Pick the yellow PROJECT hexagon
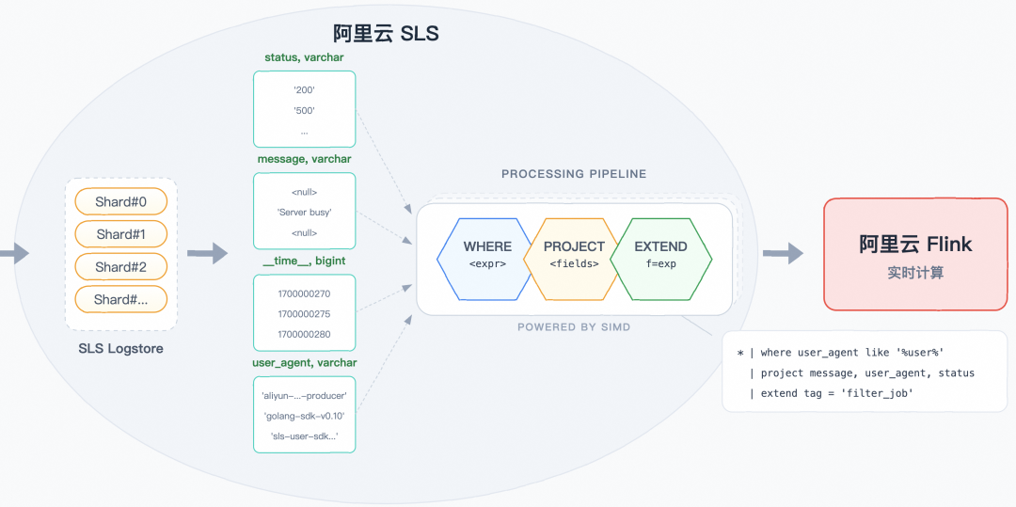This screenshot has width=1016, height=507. [574, 255]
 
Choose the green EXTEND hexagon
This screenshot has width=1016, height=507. [661, 255]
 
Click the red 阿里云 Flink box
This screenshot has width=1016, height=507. [914, 254]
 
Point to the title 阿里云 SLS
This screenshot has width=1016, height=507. [386, 34]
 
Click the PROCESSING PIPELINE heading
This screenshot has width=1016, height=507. [574, 174]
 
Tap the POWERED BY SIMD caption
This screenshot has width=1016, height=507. [574, 327]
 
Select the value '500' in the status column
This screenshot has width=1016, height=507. [304, 111]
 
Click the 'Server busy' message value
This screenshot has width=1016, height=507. [304, 212]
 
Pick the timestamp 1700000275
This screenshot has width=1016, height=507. [304, 314]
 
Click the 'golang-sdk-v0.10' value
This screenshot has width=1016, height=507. [304, 416]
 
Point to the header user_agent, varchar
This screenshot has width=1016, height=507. [304, 362]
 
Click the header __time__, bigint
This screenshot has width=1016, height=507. [304, 261]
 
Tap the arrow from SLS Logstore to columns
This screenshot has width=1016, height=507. [208, 252]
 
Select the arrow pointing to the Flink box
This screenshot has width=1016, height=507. [783, 252]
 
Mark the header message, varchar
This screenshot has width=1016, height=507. [304, 159]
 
